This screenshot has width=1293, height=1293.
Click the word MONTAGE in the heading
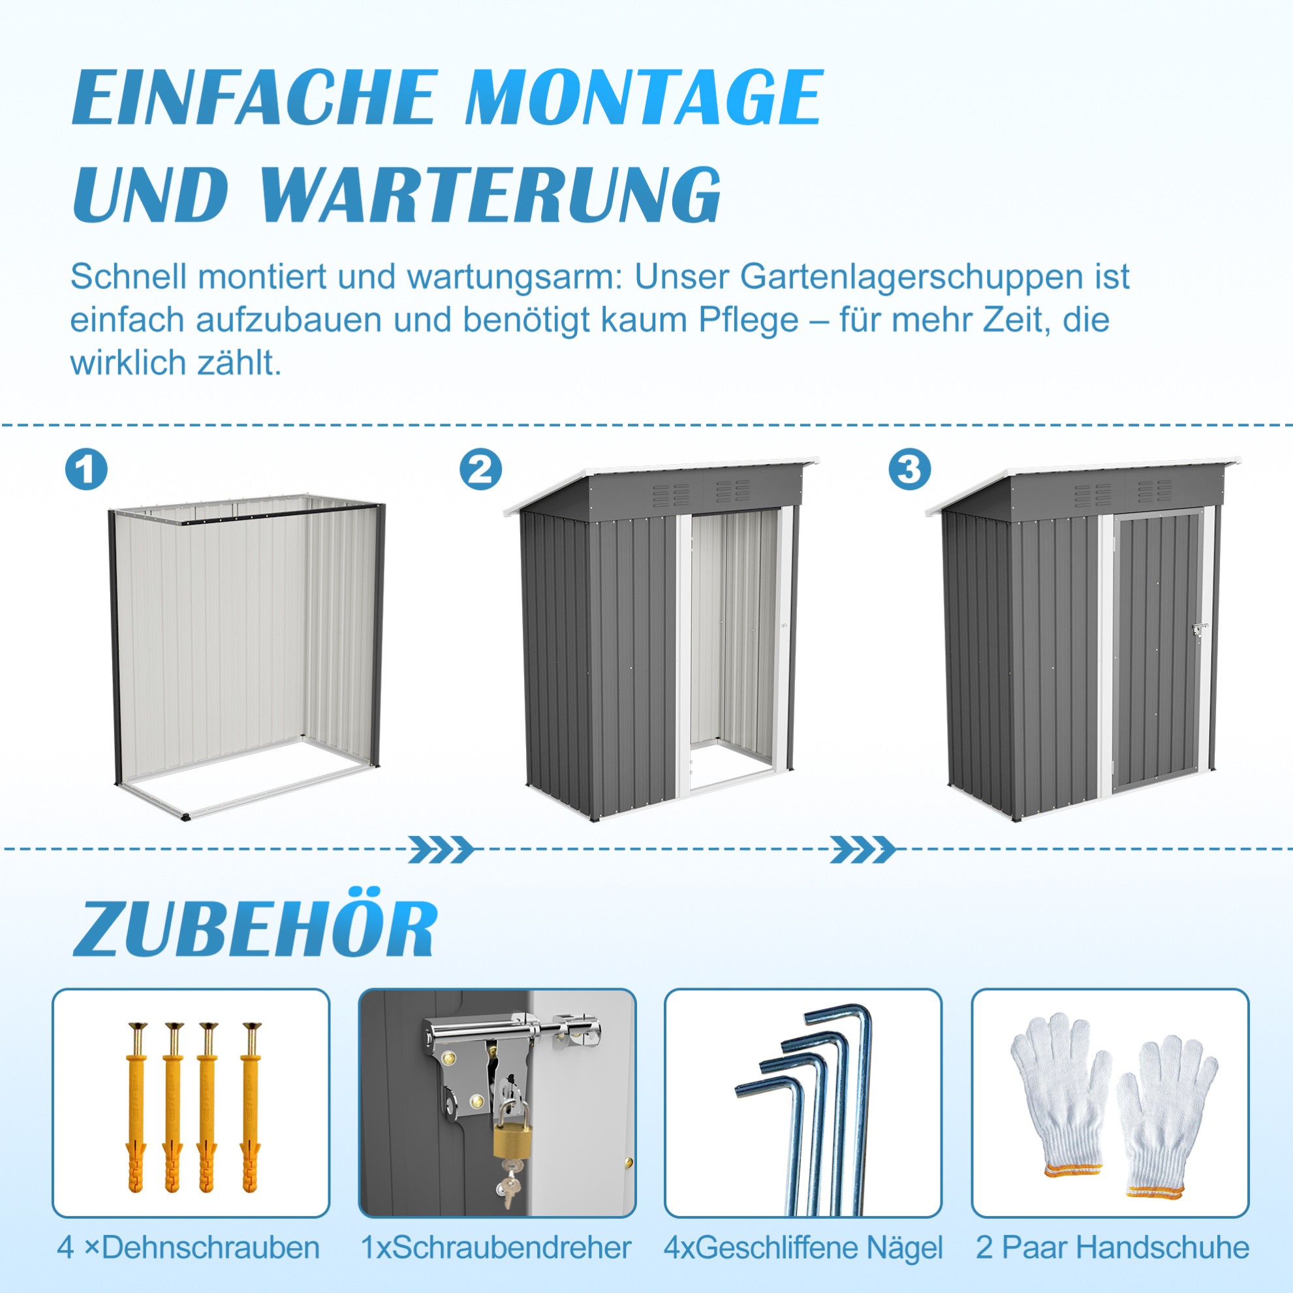coord(644,98)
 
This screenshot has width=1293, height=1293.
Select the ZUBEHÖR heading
coord(255,924)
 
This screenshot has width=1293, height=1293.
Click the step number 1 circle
coord(86,469)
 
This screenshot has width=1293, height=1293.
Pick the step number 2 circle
coord(480,469)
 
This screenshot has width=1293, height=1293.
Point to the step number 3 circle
coord(909,469)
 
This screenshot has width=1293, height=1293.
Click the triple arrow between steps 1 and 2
coord(441,849)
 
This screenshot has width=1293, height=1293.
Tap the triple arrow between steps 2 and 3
coord(863,849)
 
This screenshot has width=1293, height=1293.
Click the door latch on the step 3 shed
coord(1199,630)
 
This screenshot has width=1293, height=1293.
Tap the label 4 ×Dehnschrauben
coord(188,1247)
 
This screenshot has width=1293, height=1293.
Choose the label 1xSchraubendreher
coord(495,1247)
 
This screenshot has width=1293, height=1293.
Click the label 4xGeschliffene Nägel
coord(803,1248)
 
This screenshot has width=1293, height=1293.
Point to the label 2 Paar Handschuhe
coord(1112,1247)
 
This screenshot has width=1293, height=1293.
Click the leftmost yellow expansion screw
coord(136,1107)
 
